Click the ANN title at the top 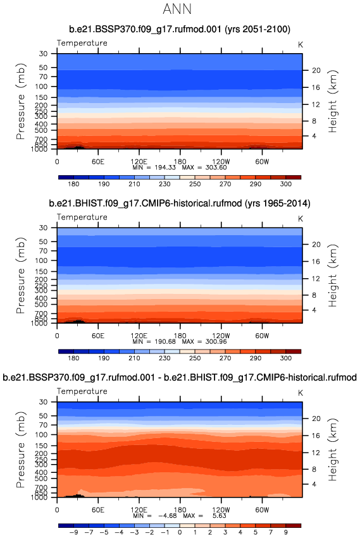(177, 9)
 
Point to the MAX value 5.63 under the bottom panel (220, 515)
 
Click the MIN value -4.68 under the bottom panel (167, 515)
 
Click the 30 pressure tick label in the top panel (43, 54)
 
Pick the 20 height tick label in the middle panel (316, 244)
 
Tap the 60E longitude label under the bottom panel (98, 510)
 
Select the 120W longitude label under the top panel (221, 162)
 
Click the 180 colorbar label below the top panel (73, 184)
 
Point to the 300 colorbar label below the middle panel (286, 358)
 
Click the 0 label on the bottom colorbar (180, 532)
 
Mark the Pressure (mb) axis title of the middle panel (21, 275)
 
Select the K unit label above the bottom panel (301, 393)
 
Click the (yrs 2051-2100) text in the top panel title (258, 29)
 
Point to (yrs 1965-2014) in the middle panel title (277, 204)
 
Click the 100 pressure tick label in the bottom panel (41, 434)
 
